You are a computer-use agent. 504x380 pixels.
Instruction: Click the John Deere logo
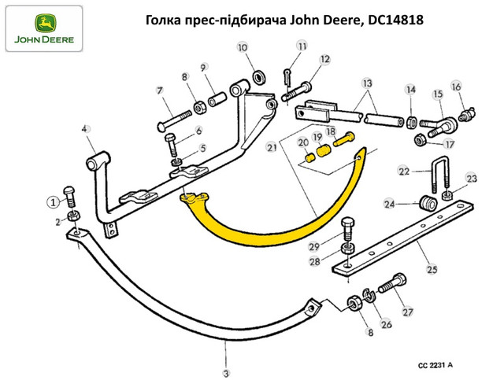click(x=44, y=28)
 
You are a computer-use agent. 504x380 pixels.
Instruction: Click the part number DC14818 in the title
click(x=395, y=20)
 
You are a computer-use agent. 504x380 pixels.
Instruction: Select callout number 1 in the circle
click(x=54, y=202)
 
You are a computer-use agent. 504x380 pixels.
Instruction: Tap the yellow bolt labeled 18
click(x=343, y=139)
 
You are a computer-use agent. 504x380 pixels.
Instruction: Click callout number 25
click(x=432, y=268)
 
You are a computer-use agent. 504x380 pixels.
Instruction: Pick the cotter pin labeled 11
click(x=287, y=77)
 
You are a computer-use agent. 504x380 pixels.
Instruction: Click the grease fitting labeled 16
click(x=467, y=114)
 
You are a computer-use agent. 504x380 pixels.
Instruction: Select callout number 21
click(x=272, y=147)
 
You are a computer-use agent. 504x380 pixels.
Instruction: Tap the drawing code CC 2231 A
click(x=435, y=365)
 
